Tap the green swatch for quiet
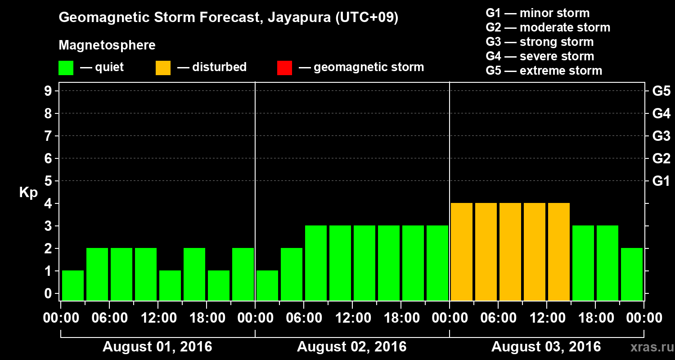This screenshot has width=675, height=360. (66, 67)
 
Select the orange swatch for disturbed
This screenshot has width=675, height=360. (163, 67)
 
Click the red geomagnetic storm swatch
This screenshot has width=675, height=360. (284, 67)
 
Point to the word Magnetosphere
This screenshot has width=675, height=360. (107, 45)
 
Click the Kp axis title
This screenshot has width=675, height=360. (28, 193)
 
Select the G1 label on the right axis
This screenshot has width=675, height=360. (661, 181)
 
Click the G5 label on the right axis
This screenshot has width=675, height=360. (661, 91)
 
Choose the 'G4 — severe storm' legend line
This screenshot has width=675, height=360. (540, 56)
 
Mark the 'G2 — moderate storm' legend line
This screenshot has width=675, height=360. (548, 27)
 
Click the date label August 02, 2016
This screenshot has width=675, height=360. (351, 347)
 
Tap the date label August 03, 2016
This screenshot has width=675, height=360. (546, 347)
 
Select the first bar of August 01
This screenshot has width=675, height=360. (73, 285)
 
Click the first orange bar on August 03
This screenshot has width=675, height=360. (462, 252)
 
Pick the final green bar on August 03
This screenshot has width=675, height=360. (632, 274)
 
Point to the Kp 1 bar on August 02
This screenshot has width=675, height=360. (267, 285)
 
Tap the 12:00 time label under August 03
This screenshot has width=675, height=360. (546, 318)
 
